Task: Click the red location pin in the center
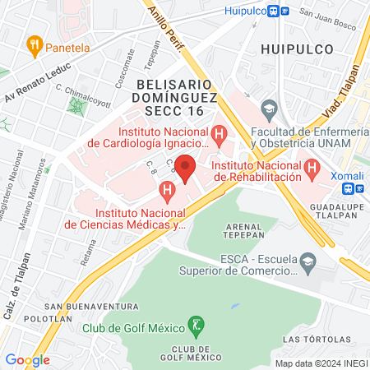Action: [x=185, y=168]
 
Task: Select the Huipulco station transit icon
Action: [x=284, y=11]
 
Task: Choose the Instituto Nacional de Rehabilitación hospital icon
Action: [x=311, y=169]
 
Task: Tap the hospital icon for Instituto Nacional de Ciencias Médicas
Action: [x=168, y=194]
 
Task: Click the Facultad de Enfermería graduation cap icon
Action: [x=268, y=109]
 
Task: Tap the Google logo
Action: [x=27, y=359]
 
